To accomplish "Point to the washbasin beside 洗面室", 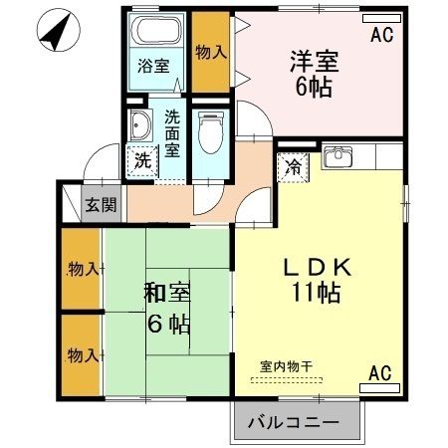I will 139,126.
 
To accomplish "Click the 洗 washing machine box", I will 141,158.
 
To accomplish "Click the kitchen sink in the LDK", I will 337,156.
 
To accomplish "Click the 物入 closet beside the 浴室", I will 210,52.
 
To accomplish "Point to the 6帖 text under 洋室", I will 314,86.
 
